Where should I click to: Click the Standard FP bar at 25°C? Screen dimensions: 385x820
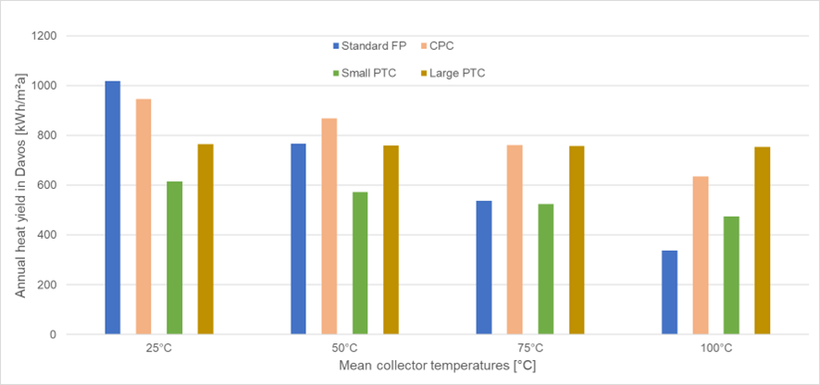pyautogui.click(x=112, y=207)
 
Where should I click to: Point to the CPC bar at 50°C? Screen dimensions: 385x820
pyautogui.click(x=329, y=226)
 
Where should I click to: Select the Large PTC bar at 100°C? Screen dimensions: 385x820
pyautogui.click(x=762, y=240)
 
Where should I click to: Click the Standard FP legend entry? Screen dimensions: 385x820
pyautogui.click(x=365, y=44)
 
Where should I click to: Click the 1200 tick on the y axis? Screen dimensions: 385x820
pyautogui.click(x=43, y=36)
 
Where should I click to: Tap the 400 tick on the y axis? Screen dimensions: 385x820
pyautogui.click(x=47, y=235)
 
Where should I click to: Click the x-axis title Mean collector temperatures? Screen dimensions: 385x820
pyautogui.click(x=437, y=366)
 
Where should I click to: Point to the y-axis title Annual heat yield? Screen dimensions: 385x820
pyautogui.click(x=19, y=185)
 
